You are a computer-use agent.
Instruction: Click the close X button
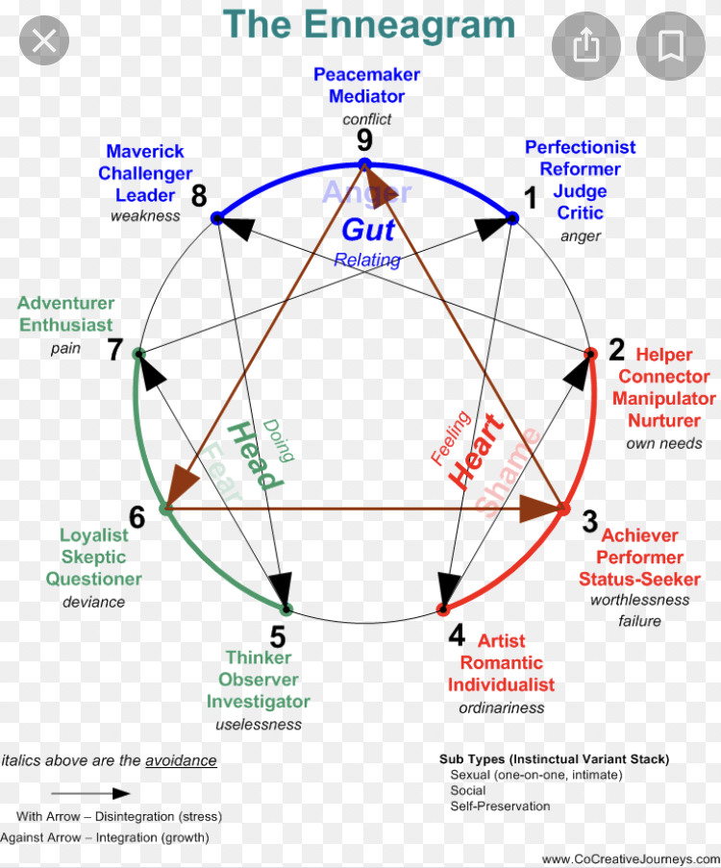(x=44, y=41)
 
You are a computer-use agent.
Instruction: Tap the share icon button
(x=585, y=45)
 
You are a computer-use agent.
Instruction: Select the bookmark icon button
(x=670, y=45)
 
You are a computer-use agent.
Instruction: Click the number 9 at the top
(x=363, y=141)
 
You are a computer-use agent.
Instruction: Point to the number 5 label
(x=277, y=636)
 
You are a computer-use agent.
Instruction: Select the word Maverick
(x=145, y=151)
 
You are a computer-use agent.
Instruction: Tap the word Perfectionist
(x=580, y=147)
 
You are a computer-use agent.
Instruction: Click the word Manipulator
(x=664, y=398)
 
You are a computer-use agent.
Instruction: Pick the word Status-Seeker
(x=639, y=579)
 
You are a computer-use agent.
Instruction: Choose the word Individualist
(x=501, y=684)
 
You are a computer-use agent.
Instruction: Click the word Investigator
(x=258, y=702)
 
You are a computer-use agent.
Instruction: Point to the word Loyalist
(x=94, y=535)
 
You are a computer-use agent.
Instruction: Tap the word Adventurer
(x=65, y=304)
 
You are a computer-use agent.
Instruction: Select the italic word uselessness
(x=258, y=725)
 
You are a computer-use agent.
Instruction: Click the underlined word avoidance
(x=181, y=760)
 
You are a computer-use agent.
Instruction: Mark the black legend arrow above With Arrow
(x=90, y=794)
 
